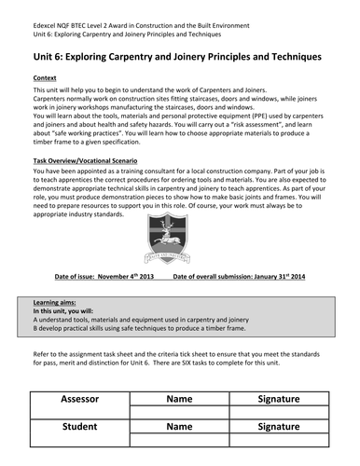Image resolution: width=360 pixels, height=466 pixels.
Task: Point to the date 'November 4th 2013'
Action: [119, 277]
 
